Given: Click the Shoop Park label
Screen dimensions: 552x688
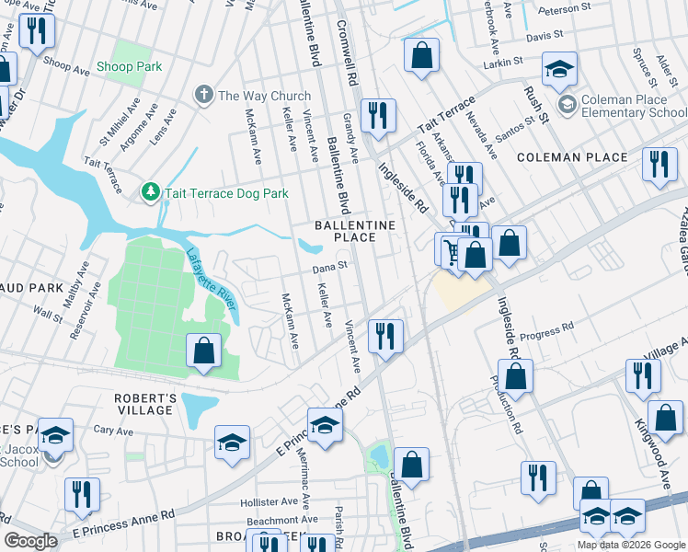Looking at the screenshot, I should tap(129, 66).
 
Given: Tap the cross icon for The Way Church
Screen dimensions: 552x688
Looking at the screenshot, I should tap(202, 95).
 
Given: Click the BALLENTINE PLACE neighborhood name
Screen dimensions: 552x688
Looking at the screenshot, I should tap(355, 231).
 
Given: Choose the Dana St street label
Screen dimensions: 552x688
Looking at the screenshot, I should tap(328, 267).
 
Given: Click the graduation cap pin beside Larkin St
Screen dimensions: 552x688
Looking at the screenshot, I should tap(559, 71).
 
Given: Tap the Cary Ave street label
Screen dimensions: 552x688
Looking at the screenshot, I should tap(113, 430).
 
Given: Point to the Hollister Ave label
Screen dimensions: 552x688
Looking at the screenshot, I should tap(269, 502).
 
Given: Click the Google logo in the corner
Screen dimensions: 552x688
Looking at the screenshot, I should tap(30, 540).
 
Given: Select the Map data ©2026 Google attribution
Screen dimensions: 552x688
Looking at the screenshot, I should tap(630, 545).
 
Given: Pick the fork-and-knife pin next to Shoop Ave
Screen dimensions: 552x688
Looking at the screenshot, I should tap(37, 31).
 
